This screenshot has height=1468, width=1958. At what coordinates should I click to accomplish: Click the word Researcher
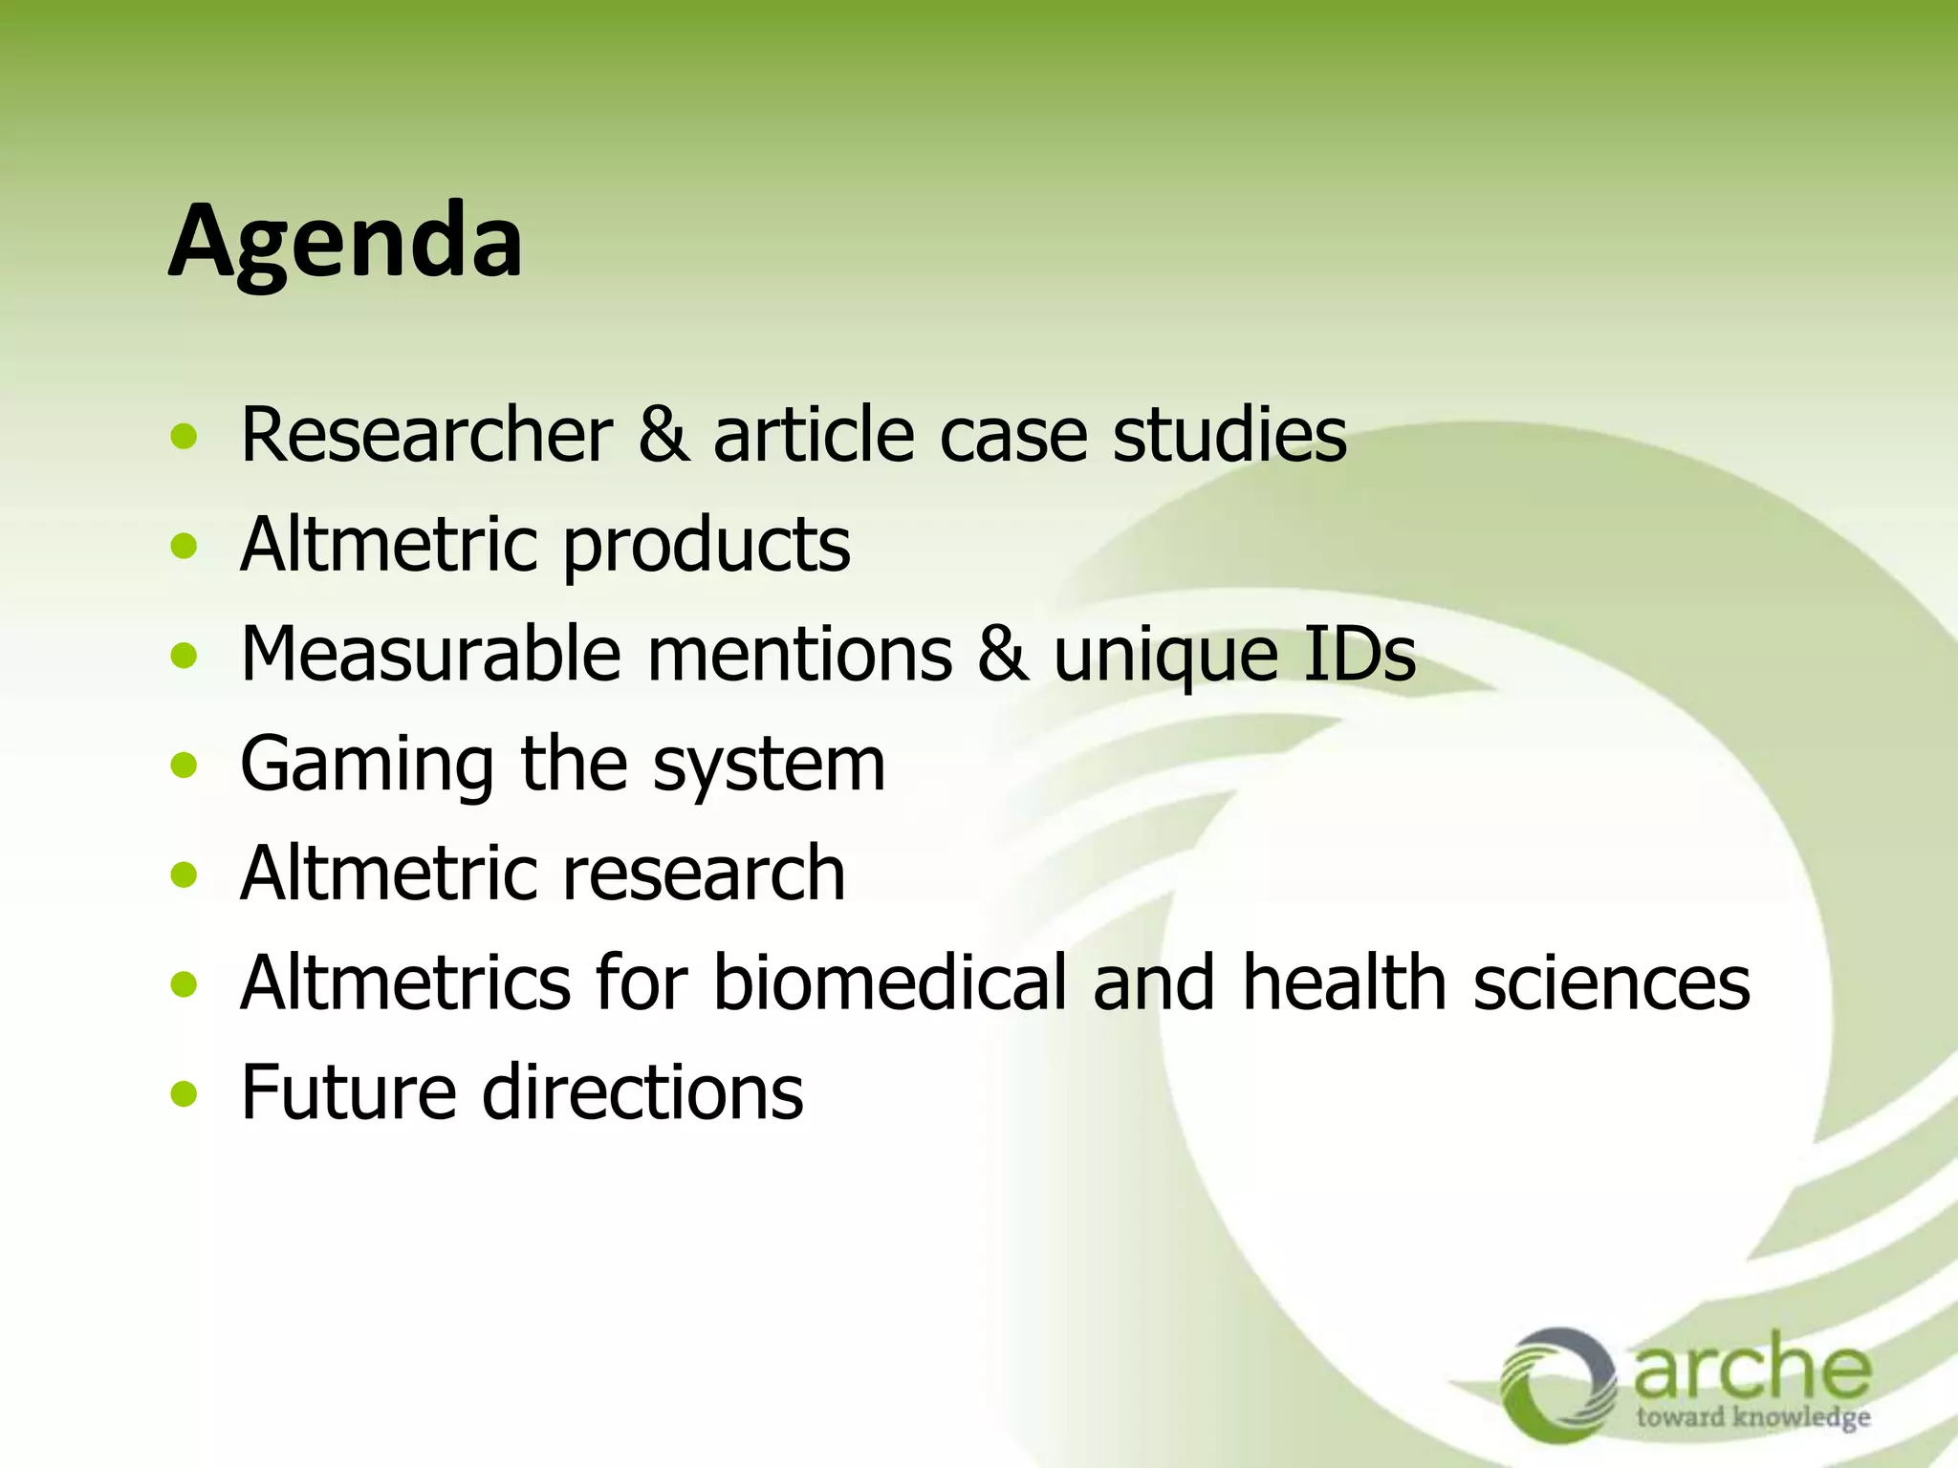tap(426, 436)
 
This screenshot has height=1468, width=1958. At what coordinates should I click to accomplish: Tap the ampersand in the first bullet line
tap(663, 436)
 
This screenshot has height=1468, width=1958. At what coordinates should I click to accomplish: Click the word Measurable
tap(430, 656)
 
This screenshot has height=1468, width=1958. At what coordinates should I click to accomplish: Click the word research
tap(705, 874)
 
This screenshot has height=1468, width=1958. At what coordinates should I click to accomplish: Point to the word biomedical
tap(889, 983)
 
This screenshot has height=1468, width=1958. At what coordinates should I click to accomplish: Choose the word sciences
tap(1611, 983)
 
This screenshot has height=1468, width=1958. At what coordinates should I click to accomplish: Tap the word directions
tap(642, 1092)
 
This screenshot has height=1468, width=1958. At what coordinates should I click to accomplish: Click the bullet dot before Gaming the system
tap(184, 766)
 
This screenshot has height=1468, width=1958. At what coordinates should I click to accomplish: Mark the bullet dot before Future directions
tap(184, 1093)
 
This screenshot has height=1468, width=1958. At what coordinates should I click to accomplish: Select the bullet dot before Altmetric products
tap(184, 547)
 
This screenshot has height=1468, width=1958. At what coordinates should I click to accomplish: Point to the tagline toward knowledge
tap(1752, 1416)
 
